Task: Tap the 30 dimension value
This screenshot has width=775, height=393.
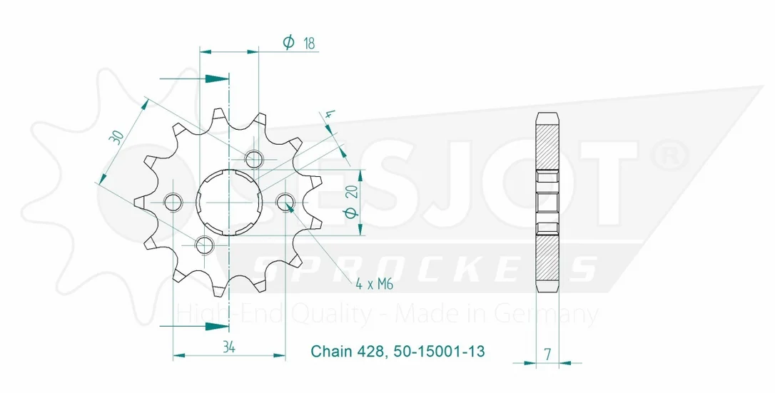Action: click(116, 137)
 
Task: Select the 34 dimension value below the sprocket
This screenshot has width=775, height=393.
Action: click(228, 347)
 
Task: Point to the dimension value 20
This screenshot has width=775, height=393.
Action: click(352, 192)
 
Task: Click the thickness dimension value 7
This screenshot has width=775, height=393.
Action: click(547, 354)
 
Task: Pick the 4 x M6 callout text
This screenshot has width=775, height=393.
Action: click(374, 284)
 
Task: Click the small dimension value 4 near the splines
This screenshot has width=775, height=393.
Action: click(330, 117)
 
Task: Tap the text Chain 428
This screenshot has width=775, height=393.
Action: click(347, 351)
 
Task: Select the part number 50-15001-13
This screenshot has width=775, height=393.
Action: click(440, 351)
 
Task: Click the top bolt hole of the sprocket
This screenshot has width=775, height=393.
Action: click(254, 159)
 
